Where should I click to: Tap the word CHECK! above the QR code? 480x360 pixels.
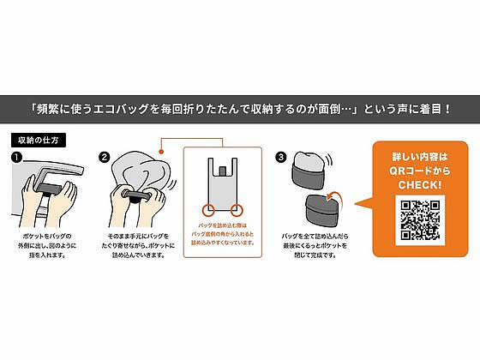click(x=420, y=183)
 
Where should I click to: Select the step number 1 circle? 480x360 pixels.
click(x=16, y=157)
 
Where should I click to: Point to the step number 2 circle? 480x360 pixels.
click(x=105, y=157)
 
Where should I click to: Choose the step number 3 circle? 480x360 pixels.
click(x=280, y=157)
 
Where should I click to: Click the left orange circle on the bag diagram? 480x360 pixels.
click(x=207, y=207)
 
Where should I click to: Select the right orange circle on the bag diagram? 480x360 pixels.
click(x=237, y=207)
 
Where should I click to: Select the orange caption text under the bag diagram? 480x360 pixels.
click(x=222, y=237)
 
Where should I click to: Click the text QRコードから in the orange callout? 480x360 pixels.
click(x=420, y=170)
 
